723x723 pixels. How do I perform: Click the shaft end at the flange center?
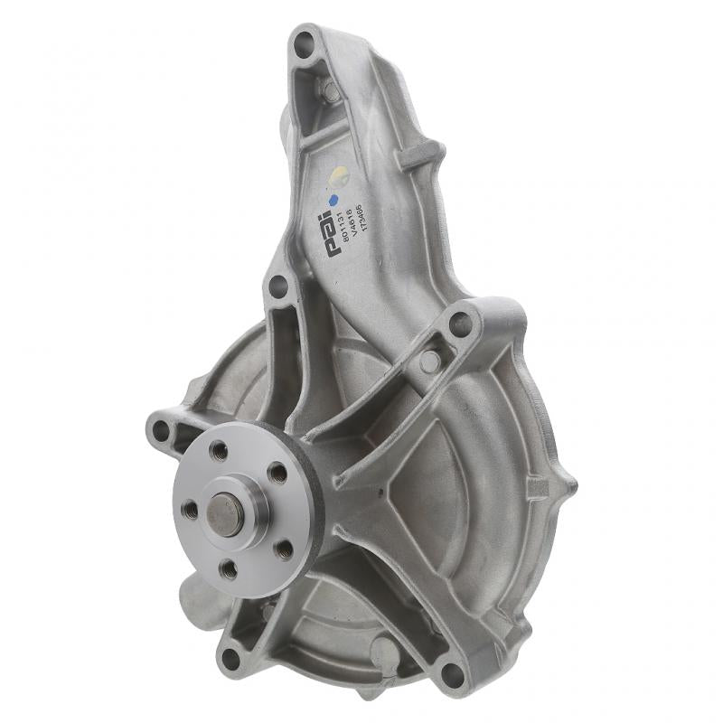pyautogui.click(x=223, y=512)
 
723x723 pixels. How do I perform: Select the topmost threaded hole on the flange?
pyautogui.click(x=218, y=450)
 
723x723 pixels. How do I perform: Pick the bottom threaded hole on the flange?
pyautogui.click(x=230, y=570)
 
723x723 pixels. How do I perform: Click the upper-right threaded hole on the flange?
pyautogui.click(x=277, y=473)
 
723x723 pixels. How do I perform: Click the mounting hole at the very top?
pyautogui.click(x=304, y=41)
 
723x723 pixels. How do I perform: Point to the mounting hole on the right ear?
pyautogui.click(x=461, y=323)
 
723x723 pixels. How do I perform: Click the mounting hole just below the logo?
pyautogui.click(x=278, y=286)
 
